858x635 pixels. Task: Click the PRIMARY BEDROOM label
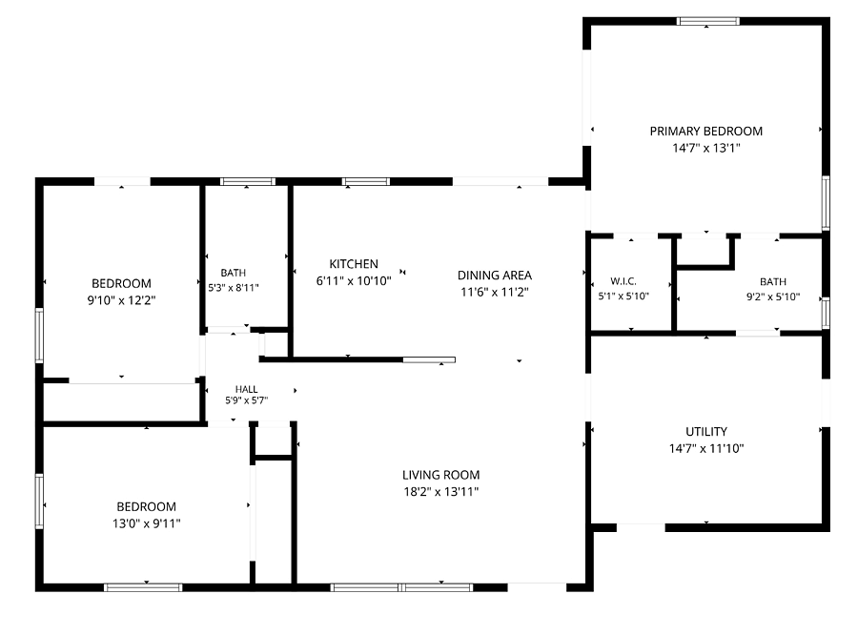[705, 132]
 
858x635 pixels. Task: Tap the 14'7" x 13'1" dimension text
[705, 148]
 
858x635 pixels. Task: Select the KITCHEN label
[354, 264]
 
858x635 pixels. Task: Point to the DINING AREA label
[495, 276]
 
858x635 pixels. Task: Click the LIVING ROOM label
[441, 475]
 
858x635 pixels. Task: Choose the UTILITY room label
[706, 431]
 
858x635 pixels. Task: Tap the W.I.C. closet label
[623, 281]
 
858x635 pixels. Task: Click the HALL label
[246, 389]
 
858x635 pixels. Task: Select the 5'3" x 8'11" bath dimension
[234, 287]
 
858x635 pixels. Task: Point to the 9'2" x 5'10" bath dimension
[773, 297]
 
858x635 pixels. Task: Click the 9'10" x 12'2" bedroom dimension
[121, 300]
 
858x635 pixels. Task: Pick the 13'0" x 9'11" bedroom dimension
[146, 523]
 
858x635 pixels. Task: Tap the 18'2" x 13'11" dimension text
[441, 492]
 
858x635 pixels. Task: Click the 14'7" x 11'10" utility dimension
[706, 448]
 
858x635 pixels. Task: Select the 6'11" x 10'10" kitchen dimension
[354, 281]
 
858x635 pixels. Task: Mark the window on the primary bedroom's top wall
[708, 21]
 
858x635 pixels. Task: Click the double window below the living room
[401, 587]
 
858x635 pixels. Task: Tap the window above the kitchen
[366, 182]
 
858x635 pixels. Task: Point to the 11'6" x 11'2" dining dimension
[495, 292]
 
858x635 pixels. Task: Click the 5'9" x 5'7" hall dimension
[246, 400]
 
